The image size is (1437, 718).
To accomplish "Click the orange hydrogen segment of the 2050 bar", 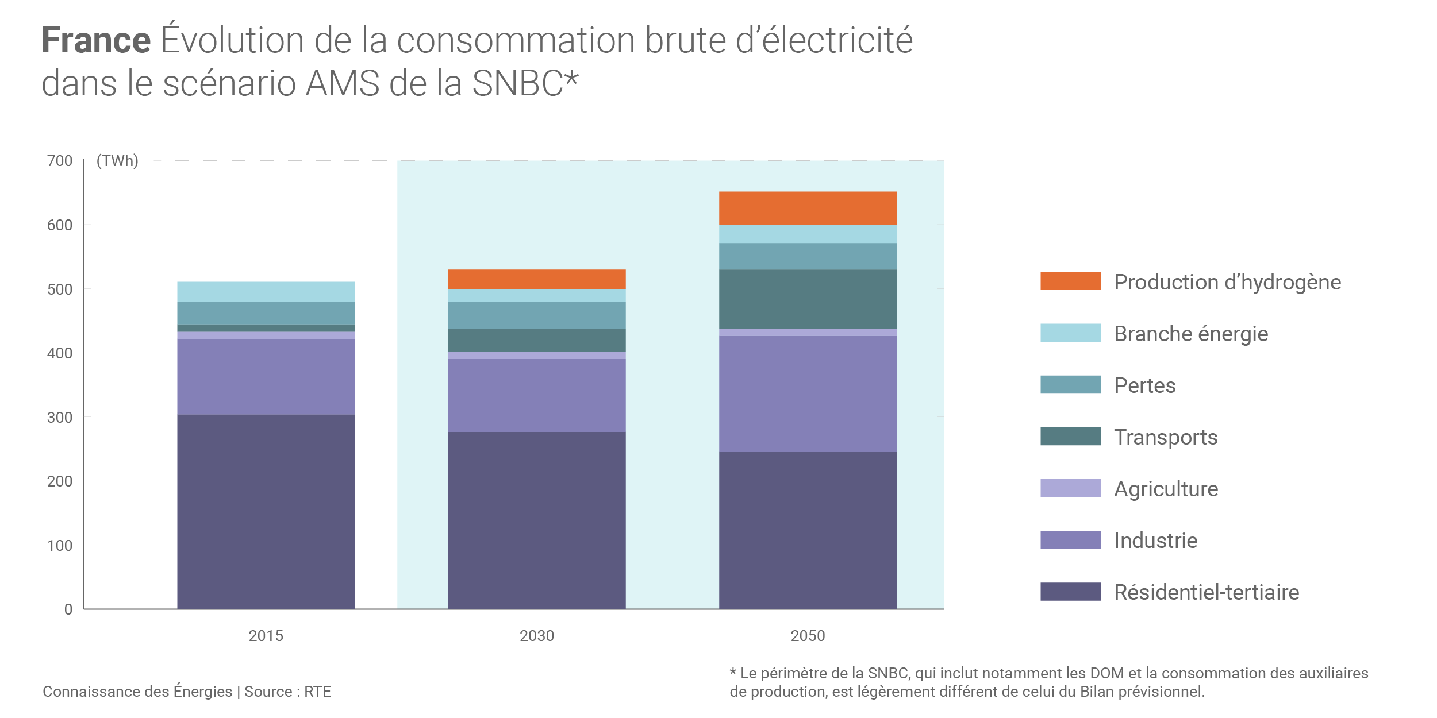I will pyautogui.click(x=807, y=208).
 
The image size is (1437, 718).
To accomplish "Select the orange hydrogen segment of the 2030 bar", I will pyautogui.click(x=536, y=279).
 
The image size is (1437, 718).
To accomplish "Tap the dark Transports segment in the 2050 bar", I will pyautogui.click(x=807, y=299).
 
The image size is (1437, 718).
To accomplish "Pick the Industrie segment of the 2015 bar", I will pyautogui.click(x=266, y=376).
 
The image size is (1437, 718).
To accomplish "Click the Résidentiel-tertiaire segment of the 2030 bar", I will pyautogui.click(x=536, y=520).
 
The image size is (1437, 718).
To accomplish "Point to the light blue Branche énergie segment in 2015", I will pyautogui.click(x=266, y=292).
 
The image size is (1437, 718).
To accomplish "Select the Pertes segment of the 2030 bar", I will pyautogui.click(x=536, y=315).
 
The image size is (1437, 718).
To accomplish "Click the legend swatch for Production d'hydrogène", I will pyautogui.click(x=1070, y=281).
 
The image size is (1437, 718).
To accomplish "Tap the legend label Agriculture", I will pyautogui.click(x=1166, y=489).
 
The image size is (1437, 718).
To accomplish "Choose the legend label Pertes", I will pyautogui.click(x=1144, y=385).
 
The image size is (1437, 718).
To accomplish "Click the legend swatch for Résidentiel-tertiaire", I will pyautogui.click(x=1070, y=592).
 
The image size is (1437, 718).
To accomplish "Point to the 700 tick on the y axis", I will pyautogui.click(x=60, y=161).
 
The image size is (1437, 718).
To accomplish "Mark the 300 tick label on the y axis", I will pyautogui.click(x=60, y=418).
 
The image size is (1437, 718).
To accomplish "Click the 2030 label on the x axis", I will pyautogui.click(x=536, y=636).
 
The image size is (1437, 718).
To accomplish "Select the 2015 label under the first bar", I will pyautogui.click(x=266, y=636).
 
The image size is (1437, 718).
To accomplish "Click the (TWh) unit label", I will pyautogui.click(x=117, y=161).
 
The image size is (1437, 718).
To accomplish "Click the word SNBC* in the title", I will pyautogui.click(x=524, y=83).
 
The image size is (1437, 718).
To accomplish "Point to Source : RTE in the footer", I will pyautogui.click(x=287, y=692).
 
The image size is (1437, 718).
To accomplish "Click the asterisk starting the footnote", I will pyautogui.click(x=733, y=671).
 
